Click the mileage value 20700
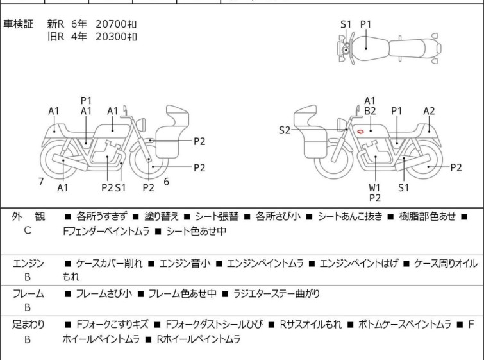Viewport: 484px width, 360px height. [x=111, y=24]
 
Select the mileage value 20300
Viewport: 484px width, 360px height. [x=111, y=37]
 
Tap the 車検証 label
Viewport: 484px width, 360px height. [x=18, y=24]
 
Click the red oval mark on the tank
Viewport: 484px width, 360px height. [x=360, y=132]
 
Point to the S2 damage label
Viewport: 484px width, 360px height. [x=284, y=130]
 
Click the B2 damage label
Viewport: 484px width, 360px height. [x=370, y=110]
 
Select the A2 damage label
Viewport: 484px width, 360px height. [x=429, y=110]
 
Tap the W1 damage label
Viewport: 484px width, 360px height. [x=374, y=187]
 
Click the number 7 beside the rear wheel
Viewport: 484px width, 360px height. [x=41, y=182]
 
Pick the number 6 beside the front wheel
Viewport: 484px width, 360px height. [x=167, y=182]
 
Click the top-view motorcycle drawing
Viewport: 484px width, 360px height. [x=390, y=49]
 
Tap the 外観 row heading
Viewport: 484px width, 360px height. [x=28, y=216]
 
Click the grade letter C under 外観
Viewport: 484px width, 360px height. [x=28, y=230]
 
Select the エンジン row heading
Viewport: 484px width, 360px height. [x=28, y=263]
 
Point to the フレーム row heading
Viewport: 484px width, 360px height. [x=28, y=293]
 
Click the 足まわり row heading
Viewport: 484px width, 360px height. [x=28, y=325]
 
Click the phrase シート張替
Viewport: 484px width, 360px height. [x=217, y=216]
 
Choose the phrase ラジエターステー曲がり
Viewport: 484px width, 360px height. [x=276, y=293]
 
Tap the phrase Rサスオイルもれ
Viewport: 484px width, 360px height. [x=310, y=325]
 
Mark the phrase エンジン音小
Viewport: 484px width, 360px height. [x=185, y=263]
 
